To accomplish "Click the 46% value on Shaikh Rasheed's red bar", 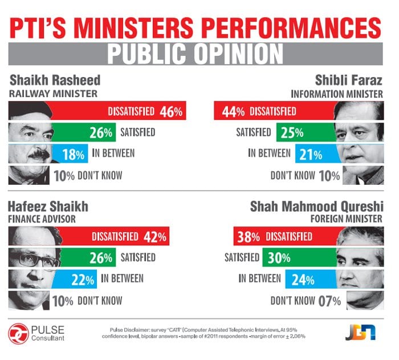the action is [171, 112].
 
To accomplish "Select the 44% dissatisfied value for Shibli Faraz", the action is [233, 112].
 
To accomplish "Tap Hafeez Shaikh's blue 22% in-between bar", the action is [74, 279].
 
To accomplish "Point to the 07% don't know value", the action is [329, 301].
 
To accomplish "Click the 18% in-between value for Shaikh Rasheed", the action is [74, 155].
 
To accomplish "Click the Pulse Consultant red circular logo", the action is [18, 334].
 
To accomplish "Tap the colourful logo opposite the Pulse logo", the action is [360, 332].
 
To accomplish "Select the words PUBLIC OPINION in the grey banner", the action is [195, 54].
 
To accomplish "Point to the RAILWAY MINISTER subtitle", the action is [53, 94].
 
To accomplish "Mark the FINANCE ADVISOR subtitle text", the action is [42, 219].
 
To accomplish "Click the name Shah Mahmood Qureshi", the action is [316, 207].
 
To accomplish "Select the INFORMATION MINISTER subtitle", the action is [337, 94].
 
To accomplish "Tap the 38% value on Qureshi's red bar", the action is [249, 237].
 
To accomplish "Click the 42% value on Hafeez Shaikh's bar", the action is [154, 237].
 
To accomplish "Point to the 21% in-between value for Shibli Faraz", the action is [311, 155].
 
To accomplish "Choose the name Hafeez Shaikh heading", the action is [48, 207].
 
